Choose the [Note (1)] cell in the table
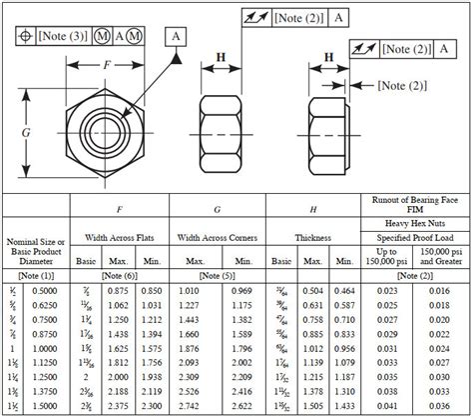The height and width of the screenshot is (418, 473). tap(37, 274)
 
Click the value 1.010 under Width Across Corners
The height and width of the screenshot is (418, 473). tap(193, 289)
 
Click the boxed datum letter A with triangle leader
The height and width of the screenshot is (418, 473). tap(178, 37)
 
